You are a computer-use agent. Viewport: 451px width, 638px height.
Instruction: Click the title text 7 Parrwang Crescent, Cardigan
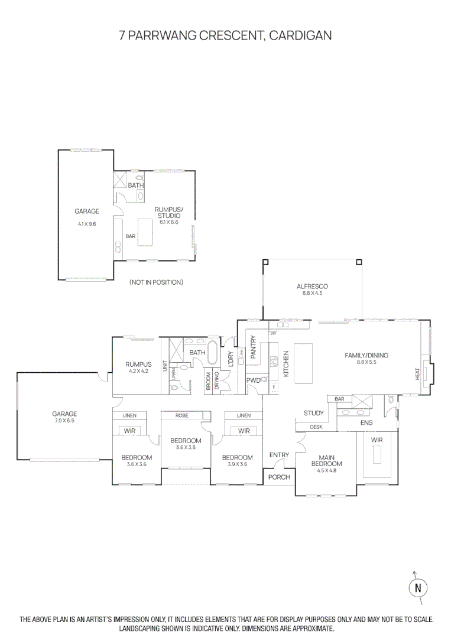tap(225, 35)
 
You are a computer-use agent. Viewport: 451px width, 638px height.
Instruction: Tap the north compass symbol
tap(418, 588)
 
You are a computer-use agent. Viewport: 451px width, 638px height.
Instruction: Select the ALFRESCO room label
tap(312, 287)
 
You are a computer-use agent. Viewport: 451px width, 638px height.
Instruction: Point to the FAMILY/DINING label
tap(366, 355)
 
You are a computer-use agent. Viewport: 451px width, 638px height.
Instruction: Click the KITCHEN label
tap(286, 364)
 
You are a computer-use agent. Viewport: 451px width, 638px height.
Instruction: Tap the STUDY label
tap(313, 413)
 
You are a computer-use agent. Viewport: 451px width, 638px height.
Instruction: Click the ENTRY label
tap(279, 454)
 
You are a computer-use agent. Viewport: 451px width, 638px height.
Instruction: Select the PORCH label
tap(279, 477)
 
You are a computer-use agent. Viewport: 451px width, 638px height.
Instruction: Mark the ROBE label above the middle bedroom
tap(182, 416)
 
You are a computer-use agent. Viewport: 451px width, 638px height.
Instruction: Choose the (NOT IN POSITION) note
tap(156, 282)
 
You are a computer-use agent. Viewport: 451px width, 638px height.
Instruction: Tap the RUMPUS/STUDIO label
tap(168, 213)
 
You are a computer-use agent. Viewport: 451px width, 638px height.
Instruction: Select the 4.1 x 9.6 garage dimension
tap(86, 224)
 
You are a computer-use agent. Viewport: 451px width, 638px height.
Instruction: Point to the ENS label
tap(366, 423)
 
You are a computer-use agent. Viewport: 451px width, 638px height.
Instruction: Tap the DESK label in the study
tap(316, 427)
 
